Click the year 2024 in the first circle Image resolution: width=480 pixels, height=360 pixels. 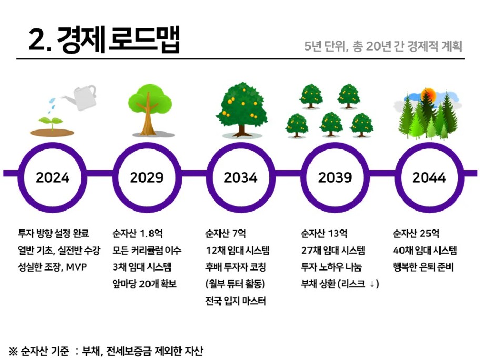(53, 177)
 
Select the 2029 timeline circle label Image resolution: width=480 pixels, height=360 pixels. (147, 177)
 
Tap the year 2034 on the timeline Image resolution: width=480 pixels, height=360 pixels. (241, 177)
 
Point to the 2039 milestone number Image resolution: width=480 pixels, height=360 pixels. (335, 177)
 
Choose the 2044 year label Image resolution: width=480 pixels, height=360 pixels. (429, 177)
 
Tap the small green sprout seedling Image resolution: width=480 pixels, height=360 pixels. (51, 123)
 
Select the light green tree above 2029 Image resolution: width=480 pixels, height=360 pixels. (149, 109)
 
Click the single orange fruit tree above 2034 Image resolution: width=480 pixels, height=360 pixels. (242, 109)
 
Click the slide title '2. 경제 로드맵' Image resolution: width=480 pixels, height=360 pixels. (104, 40)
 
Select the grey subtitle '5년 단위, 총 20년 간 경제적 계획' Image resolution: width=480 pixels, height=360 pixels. (383, 46)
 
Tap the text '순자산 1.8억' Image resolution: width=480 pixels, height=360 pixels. (137, 234)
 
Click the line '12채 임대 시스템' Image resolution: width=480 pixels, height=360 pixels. (237, 251)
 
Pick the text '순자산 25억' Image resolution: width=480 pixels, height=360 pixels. (416, 234)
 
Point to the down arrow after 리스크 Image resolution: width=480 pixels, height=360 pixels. (372, 284)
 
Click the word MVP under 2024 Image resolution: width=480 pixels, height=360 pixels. (76, 267)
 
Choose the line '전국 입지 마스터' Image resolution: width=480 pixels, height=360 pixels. (236, 301)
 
